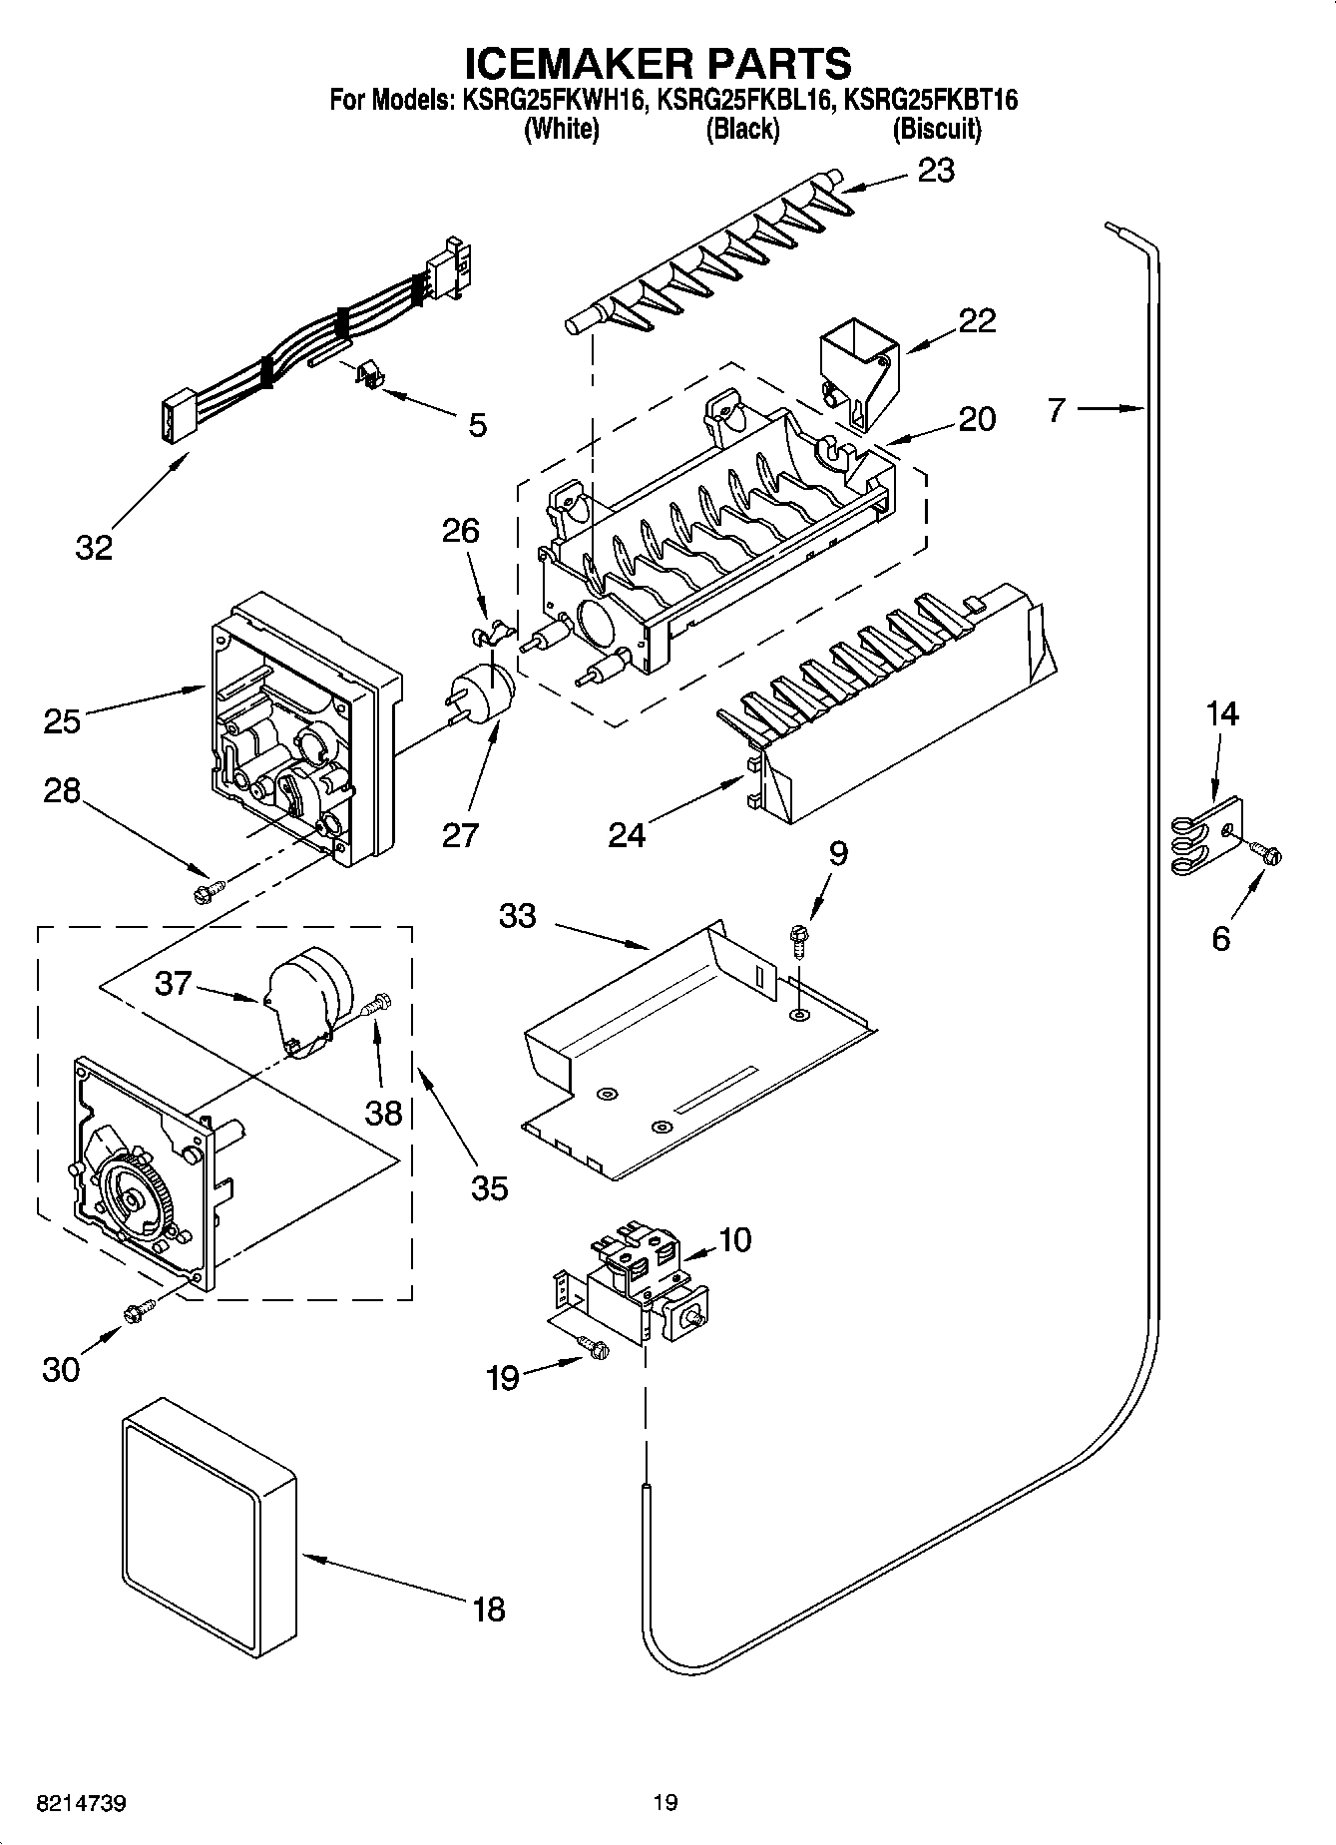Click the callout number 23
click(x=936, y=171)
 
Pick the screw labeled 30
click(x=139, y=1312)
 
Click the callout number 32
click(x=95, y=547)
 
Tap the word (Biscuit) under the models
click(x=936, y=129)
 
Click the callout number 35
click(x=489, y=1187)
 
